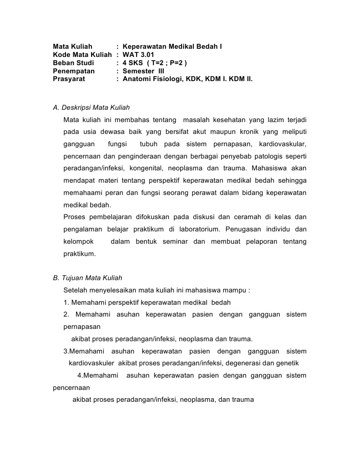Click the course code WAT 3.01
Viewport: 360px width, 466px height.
tap(135, 55)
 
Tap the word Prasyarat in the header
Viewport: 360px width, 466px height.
tap(69, 79)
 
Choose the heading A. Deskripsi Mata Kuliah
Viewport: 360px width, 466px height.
tap(91, 108)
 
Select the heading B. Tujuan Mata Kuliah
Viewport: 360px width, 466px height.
tap(88, 278)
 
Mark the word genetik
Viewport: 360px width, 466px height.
tap(288, 364)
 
